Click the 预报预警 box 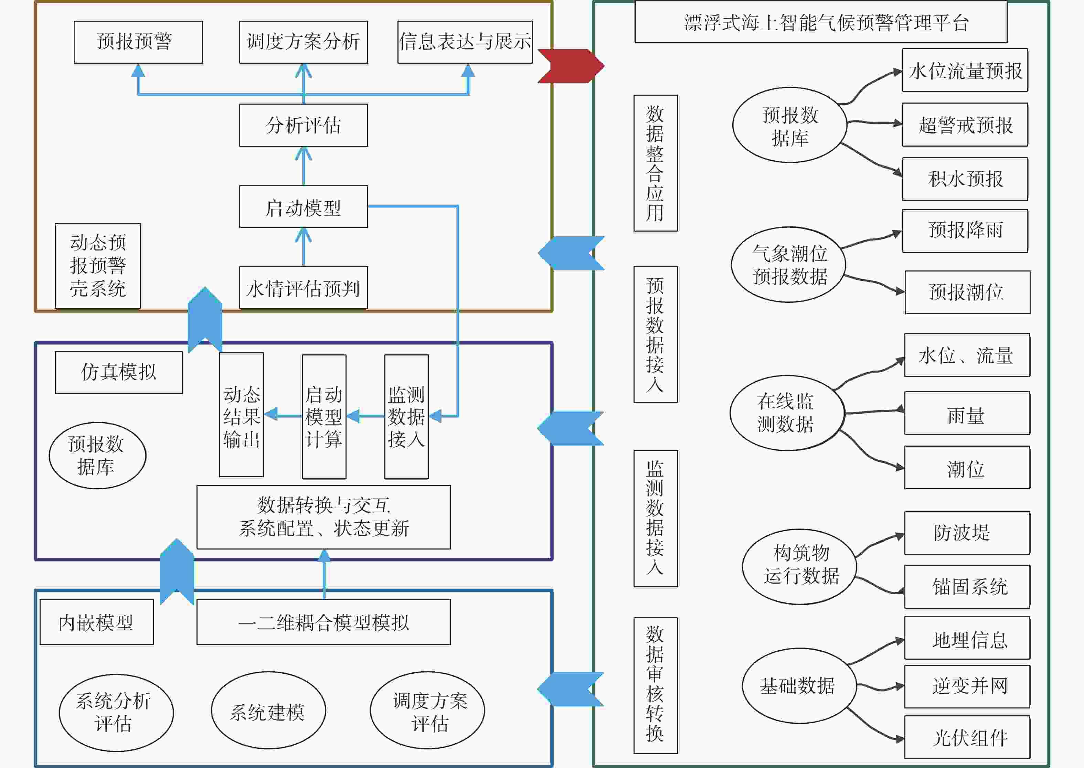pos(138,42)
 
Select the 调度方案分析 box pos(303,42)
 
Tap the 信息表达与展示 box pos(465,42)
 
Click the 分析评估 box pos(303,125)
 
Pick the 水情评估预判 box pos(303,288)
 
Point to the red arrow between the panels pos(571,66)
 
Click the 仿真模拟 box pos(119,373)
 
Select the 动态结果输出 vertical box pos(241,415)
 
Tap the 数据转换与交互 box pos(323,517)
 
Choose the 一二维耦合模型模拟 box pos(323,622)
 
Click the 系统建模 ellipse pos(268,710)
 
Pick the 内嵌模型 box pos(97,622)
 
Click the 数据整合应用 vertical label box pos(656,163)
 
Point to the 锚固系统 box pos(967,586)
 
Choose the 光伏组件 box pos(967,737)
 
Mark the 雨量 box pos(967,413)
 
